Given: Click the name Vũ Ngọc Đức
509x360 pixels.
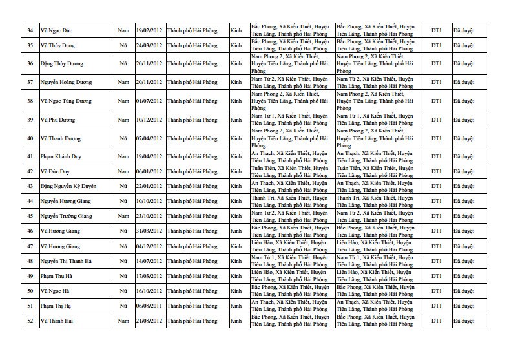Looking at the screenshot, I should click(56, 29).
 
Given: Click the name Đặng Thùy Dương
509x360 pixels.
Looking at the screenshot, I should click(63, 64).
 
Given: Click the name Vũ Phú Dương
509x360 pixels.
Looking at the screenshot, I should click(57, 120).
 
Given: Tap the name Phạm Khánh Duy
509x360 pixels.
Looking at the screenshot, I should click(61, 157).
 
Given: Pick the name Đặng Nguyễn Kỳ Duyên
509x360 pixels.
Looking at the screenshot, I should click(68, 186).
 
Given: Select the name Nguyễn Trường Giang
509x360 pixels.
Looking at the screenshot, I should click(67, 215).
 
